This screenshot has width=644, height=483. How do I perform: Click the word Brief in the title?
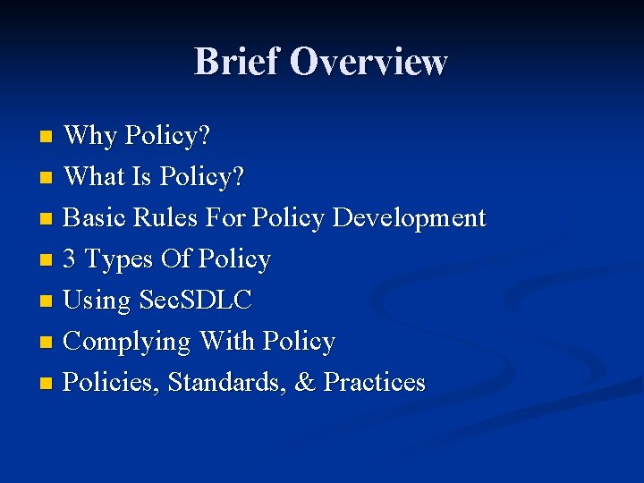[x=237, y=63]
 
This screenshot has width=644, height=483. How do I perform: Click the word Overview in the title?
[x=369, y=63]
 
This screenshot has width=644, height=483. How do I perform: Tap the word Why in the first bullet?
[x=91, y=136]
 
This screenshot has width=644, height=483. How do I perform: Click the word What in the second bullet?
[x=95, y=177]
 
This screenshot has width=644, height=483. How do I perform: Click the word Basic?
[x=97, y=218]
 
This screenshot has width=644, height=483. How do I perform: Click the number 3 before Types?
[x=71, y=259]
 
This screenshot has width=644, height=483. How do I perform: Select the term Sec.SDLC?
[x=196, y=301]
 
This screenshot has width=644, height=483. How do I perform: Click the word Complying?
[x=128, y=343]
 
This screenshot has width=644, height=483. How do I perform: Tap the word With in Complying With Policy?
[x=227, y=342]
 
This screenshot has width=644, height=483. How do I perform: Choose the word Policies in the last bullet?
[x=112, y=383]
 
